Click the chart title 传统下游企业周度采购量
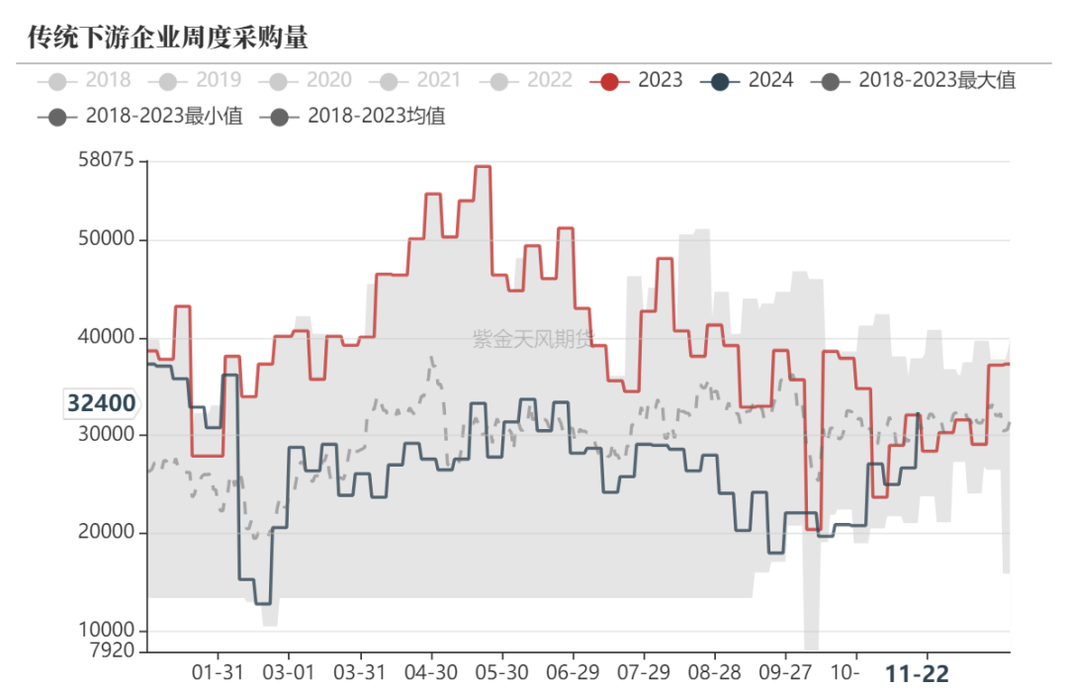168,38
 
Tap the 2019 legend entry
196,80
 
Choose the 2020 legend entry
307,80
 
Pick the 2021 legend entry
416,80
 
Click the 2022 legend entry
527,80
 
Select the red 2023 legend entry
638,80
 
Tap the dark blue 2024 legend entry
749,80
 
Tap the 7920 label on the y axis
112,650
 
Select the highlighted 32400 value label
102,403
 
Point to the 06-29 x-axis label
573,672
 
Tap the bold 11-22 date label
916,674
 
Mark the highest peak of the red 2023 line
483,166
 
